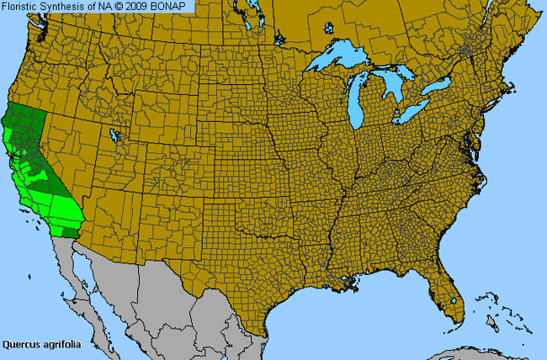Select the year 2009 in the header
138,6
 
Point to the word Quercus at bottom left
20,344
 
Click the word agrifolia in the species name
59,344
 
